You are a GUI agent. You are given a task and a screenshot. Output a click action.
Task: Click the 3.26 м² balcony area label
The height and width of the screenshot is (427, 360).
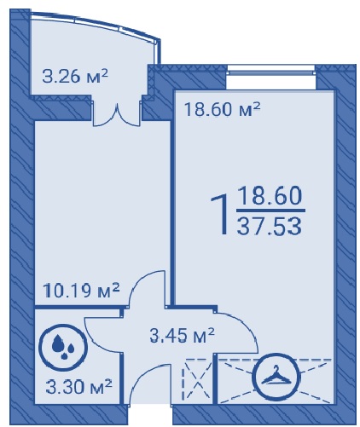click(75, 76)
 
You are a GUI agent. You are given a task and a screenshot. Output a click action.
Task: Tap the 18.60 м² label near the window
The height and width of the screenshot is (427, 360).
click(223, 109)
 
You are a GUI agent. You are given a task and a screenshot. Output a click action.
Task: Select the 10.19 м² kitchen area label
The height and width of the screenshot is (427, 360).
click(81, 291)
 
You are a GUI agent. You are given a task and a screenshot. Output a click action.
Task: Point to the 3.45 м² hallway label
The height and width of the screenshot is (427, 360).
click(182, 335)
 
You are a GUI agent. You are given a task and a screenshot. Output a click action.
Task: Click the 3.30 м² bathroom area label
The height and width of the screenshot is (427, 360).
click(79, 386)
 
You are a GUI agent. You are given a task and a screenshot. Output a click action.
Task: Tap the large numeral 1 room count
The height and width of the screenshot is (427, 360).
click(221, 214)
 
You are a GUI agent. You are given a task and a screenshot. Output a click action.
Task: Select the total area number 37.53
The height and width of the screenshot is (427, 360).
click(270, 227)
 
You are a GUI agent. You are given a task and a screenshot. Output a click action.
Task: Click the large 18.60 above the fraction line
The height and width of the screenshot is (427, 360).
click(270, 195)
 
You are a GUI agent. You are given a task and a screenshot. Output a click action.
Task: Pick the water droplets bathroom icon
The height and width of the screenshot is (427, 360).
click(63, 345)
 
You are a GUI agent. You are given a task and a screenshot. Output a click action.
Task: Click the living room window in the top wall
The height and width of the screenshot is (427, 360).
click(271, 71)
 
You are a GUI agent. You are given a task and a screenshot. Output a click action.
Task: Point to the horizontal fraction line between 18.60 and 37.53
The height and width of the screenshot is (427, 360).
click(271, 211)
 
